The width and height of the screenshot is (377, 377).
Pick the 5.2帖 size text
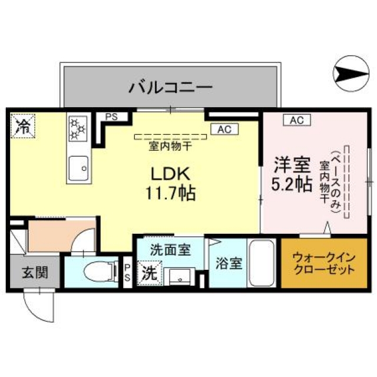(x=292, y=184)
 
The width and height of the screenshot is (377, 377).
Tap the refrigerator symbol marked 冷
(x=24, y=125)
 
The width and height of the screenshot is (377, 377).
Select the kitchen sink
(x=78, y=167)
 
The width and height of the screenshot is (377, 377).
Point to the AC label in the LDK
(x=224, y=129)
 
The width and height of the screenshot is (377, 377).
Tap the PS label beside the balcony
(x=111, y=117)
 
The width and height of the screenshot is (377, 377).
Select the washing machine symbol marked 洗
(x=148, y=273)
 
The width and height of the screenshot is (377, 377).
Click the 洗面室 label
(x=170, y=250)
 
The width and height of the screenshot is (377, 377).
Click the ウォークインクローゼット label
(x=324, y=263)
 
